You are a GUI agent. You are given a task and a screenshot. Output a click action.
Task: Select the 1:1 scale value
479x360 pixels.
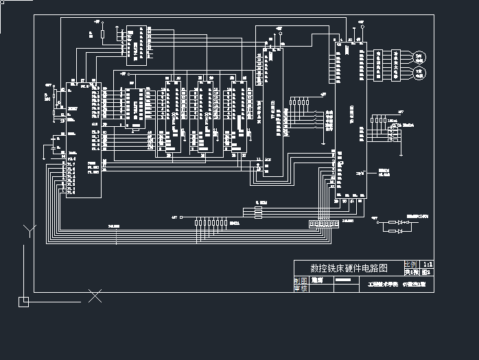pyautogui.click(x=427, y=263)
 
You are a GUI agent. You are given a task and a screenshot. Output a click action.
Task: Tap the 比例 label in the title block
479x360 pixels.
pyautogui.click(x=410, y=263)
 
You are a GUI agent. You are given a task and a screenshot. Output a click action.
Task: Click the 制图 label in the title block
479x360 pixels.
pyautogui.click(x=301, y=280)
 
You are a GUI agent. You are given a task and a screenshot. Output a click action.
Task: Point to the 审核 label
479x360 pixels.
pyautogui.click(x=301, y=289)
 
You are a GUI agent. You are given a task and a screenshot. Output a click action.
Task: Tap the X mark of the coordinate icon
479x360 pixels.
pyautogui.click(x=95, y=296)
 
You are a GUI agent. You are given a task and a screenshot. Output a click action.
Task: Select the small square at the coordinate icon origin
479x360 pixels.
pyautogui.click(x=23, y=300)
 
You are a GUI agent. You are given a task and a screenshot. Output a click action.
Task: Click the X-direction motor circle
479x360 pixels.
pyautogui.click(x=420, y=57)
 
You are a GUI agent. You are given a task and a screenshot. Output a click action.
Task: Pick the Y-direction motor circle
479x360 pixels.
pyautogui.click(x=420, y=71)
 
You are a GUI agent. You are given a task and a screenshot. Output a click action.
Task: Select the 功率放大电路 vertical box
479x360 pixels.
pyautogui.click(x=396, y=64)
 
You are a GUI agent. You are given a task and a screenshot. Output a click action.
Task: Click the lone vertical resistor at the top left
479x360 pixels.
pyautogui.click(x=102, y=33)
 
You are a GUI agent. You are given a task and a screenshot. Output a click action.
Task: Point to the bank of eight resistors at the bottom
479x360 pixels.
pyautogui.click(x=210, y=223)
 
